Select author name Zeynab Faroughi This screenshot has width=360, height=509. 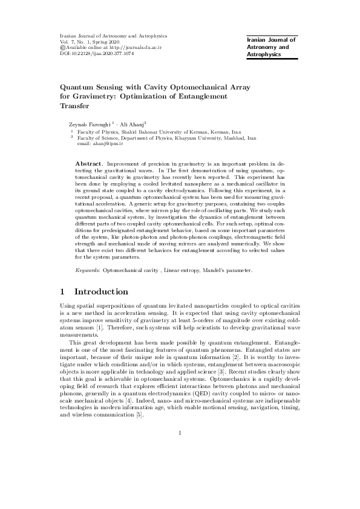point(90,123)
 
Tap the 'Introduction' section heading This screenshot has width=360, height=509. point(100,293)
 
